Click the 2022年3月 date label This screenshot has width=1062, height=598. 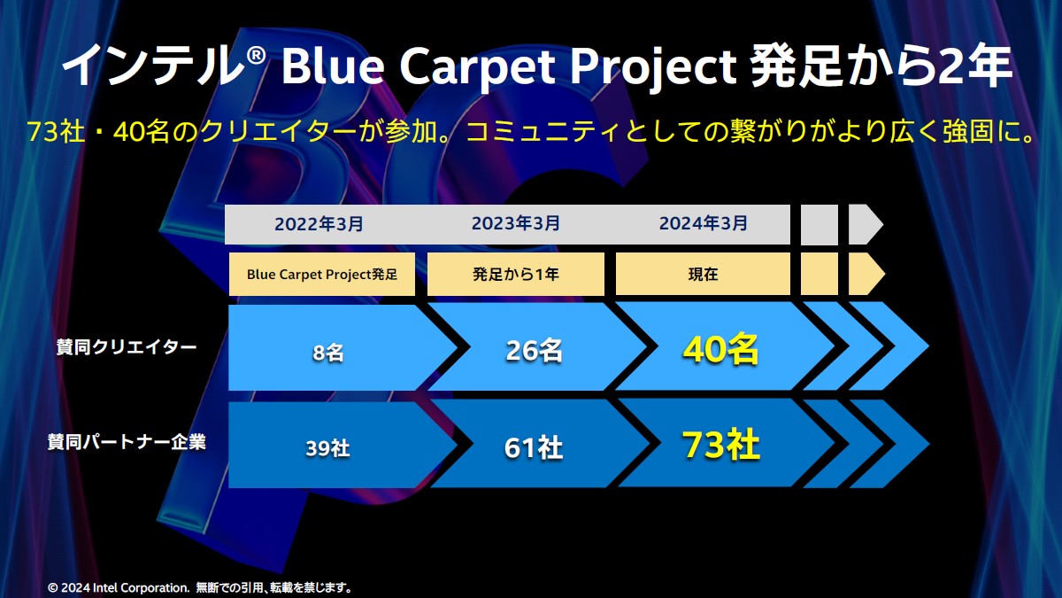point(319,224)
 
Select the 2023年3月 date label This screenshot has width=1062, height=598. point(515,223)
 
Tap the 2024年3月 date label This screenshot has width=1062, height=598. point(703,223)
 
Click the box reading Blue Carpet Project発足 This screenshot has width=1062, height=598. point(322,275)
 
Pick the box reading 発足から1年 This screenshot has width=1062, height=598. point(516,275)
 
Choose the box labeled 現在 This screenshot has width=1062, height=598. point(703,275)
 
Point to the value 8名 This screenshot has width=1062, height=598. point(328,353)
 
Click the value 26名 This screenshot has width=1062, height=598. point(534,351)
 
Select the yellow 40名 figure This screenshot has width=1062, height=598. point(720,349)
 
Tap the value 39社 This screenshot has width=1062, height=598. point(327,448)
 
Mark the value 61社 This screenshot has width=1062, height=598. point(534,447)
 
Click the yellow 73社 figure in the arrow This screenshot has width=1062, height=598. point(720,445)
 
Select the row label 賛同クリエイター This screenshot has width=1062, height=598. point(127,347)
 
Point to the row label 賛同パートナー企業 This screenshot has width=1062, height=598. point(127,442)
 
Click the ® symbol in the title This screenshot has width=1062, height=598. point(256,56)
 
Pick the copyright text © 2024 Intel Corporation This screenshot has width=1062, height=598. point(119,588)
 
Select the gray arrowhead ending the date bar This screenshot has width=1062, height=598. point(866,224)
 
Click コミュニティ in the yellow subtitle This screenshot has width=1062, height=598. point(543,132)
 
